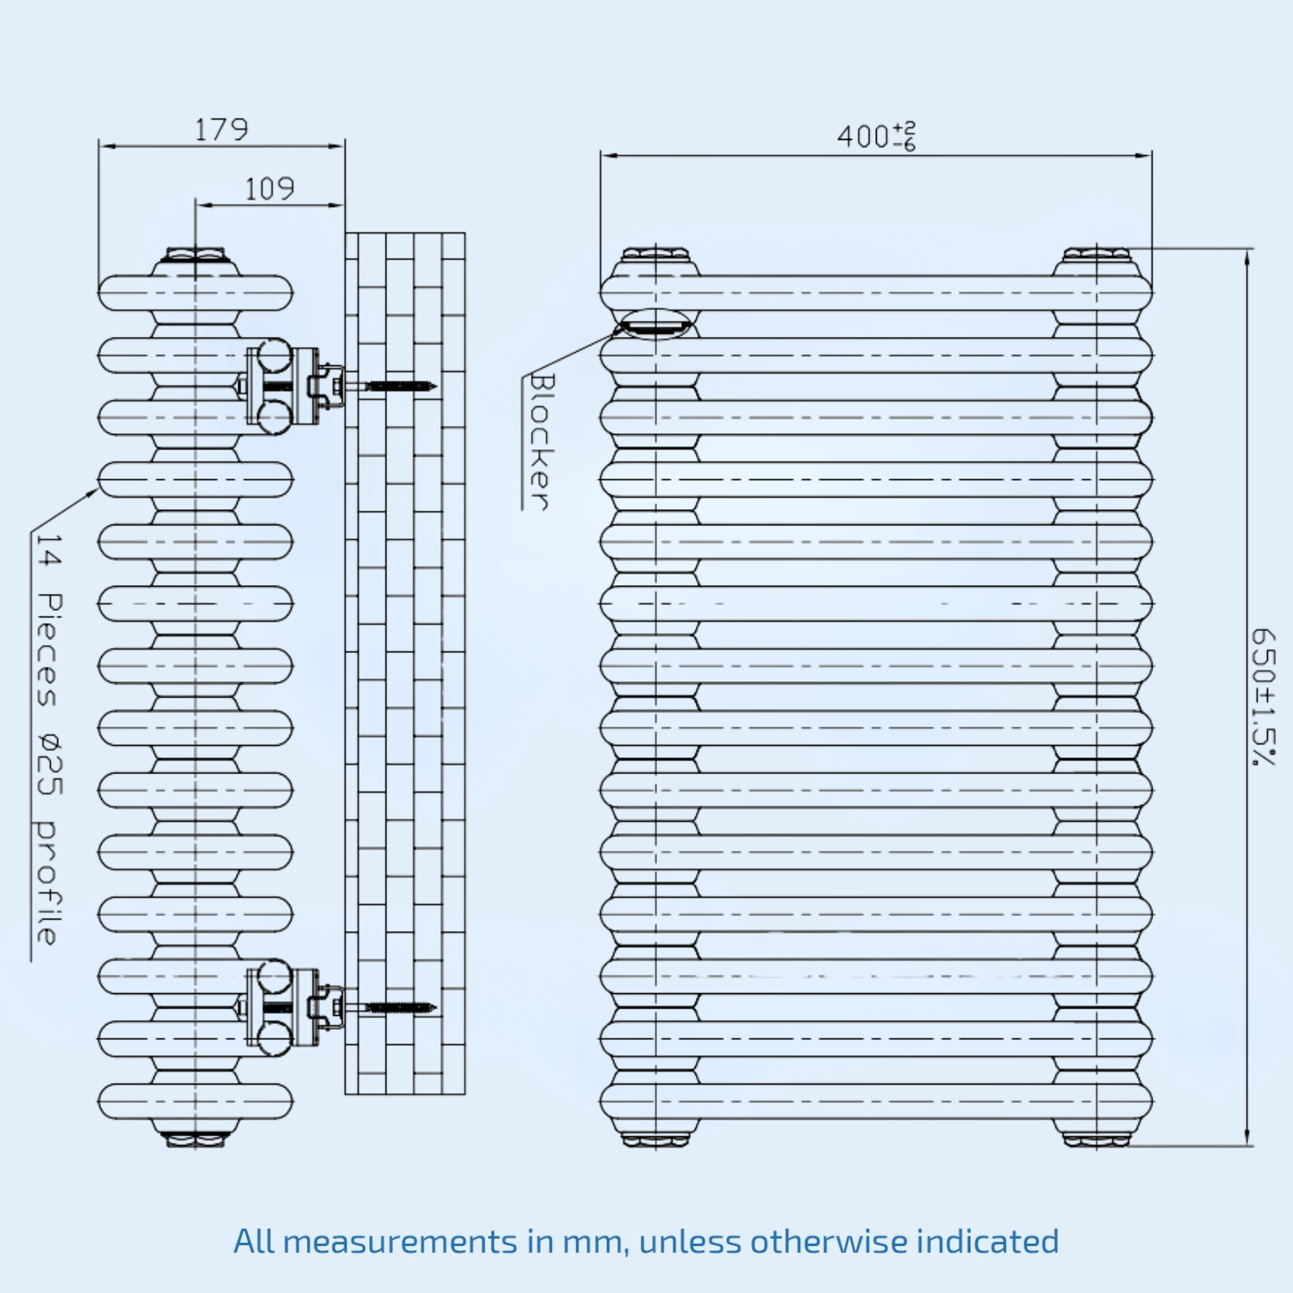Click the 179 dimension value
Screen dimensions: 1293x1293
221,129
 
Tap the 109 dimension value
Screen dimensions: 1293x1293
269,189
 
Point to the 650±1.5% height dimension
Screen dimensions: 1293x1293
1263,697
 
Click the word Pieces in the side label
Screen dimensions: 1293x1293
48,651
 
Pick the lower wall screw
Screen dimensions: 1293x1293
400,1008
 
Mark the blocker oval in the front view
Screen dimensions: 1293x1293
655,325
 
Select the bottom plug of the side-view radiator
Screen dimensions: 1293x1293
195,1139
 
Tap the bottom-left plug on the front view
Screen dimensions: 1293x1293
655,1139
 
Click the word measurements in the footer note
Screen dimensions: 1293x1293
400,1242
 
